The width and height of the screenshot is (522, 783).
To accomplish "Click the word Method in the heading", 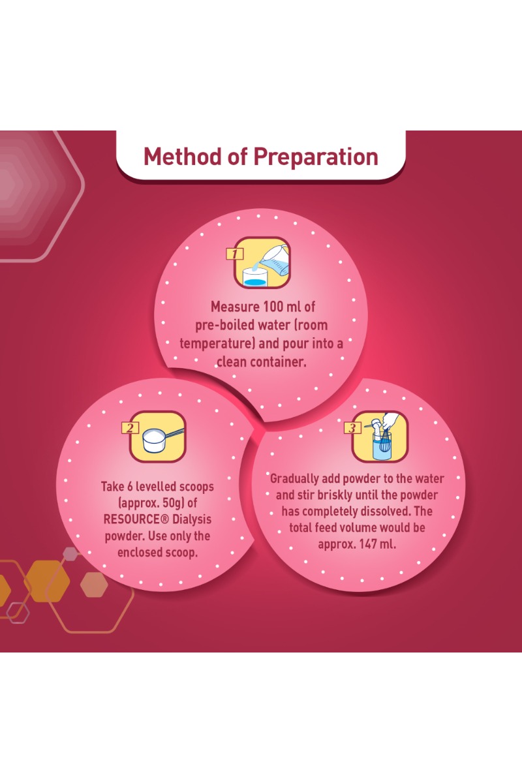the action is click(x=183, y=156).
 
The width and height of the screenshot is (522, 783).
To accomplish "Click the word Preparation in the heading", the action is click(x=316, y=157).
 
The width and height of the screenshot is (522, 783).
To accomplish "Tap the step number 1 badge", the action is click(x=235, y=254).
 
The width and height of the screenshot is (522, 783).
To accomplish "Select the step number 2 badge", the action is click(x=130, y=428).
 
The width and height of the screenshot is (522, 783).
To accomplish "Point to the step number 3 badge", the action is click(x=352, y=427).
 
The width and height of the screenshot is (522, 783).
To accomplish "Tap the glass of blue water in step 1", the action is click(x=255, y=277).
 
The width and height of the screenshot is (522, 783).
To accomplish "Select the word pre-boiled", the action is click(x=225, y=326).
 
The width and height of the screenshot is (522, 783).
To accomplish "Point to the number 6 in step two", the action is click(x=129, y=487).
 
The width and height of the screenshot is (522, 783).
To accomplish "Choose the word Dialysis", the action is click(x=192, y=519).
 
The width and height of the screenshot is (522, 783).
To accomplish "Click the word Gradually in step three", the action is click(x=294, y=479).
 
